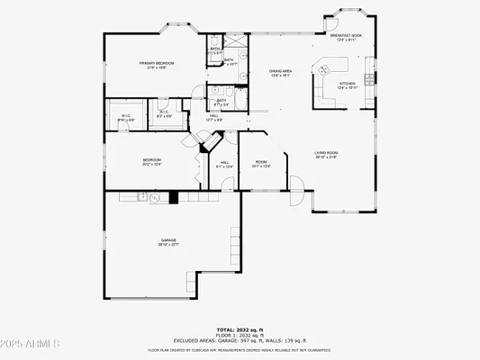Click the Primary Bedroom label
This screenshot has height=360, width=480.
point(156,65)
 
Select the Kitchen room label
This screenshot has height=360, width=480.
point(347,85)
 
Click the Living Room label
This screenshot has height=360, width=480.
point(325,155)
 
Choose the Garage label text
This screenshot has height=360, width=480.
point(168,242)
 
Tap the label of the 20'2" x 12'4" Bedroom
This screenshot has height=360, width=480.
point(150,162)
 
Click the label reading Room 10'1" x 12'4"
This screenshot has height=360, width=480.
point(261,164)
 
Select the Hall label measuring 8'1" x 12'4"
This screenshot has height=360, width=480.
point(223,165)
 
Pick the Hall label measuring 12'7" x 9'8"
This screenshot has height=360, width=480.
point(215,117)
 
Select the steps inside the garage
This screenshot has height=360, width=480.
point(236,247)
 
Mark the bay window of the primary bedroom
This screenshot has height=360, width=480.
point(177,32)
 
